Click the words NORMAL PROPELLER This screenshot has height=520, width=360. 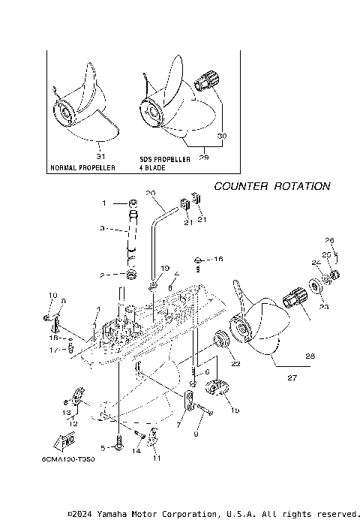coord(82,168)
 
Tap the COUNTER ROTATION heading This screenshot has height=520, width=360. coord(271,185)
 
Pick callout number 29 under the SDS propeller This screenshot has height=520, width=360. coord(204,158)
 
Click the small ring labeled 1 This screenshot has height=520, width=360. coord(132,203)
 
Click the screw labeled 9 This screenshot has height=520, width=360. coord(207,410)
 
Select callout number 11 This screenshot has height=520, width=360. coord(157,457)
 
